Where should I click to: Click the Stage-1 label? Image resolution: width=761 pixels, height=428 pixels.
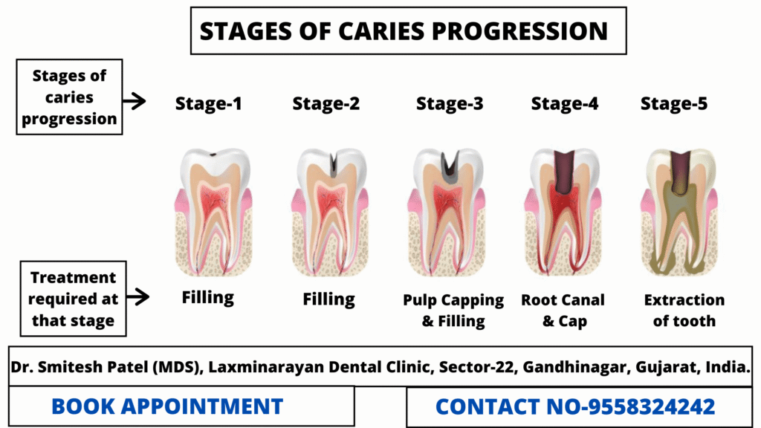pos(208,103)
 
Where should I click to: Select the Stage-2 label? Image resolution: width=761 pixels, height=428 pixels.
pos(326,103)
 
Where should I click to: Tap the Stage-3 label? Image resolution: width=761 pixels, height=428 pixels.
pos(450,103)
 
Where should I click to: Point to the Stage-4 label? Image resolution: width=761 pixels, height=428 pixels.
pos(565,103)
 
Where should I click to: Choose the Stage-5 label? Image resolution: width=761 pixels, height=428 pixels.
pos(674,103)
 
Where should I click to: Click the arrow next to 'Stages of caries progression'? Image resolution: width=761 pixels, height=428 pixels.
pos(134,101)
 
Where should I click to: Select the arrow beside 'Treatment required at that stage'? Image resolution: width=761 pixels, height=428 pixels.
pos(137,296)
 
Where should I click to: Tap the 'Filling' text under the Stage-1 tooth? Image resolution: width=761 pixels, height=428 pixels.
pos(208,297)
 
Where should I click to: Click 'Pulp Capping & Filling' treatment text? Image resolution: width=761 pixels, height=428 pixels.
pos(453,311)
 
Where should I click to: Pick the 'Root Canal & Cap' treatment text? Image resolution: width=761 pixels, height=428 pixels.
pos(563,311)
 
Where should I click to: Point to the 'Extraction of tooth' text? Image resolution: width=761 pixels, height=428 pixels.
pos(684,311)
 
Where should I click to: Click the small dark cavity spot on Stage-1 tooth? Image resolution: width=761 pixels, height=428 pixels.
pos(213,155)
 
